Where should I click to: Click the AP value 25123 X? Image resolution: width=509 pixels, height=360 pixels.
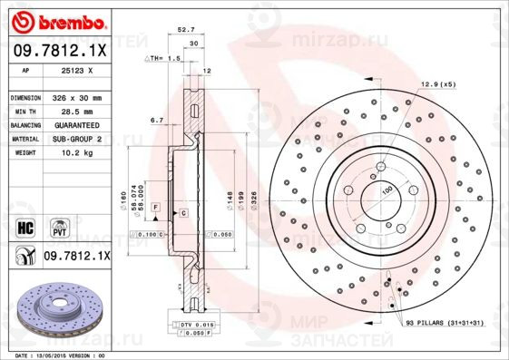(x=75, y=70)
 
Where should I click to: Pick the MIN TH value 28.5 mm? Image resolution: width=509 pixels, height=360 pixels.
(x=75, y=111)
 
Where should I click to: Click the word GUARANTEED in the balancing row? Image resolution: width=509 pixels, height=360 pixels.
(x=75, y=124)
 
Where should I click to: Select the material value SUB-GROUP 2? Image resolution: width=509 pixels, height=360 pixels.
(x=75, y=139)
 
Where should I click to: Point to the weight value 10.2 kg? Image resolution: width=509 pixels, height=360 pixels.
(x=75, y=153)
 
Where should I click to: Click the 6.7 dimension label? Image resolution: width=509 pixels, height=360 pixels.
(x=155, y=119)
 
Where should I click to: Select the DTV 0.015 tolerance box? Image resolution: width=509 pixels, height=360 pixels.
(x=194, y=324)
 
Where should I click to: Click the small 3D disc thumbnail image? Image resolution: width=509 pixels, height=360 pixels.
(x=55, y=313)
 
